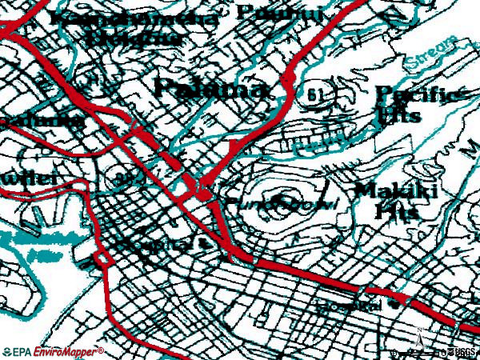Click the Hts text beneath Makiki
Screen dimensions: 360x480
(392, 212)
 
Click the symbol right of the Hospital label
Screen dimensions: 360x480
(393, 304)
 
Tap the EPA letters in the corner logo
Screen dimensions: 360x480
(18, 351)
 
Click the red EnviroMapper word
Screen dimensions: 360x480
(66, 351)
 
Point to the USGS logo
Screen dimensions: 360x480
(462, 351)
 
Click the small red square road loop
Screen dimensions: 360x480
(102, 260)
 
